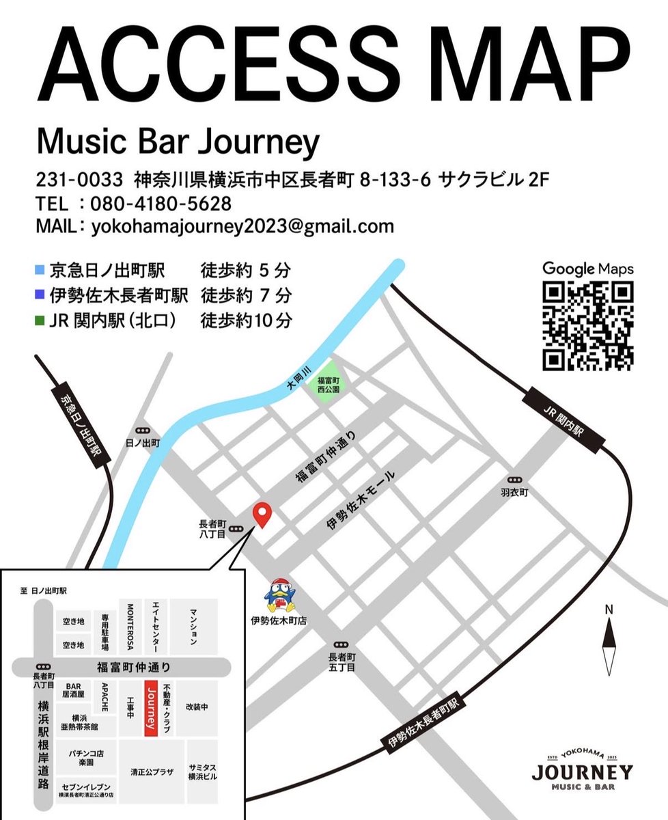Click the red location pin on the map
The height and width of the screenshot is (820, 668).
[x=262, y=515]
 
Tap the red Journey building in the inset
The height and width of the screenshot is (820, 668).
[x=152, y=707]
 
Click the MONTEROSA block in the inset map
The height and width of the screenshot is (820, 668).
[x=129, y=627]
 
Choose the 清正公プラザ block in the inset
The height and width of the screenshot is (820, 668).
[x=152, y=772]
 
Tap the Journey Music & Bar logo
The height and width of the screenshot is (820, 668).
[x=581, y=769]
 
